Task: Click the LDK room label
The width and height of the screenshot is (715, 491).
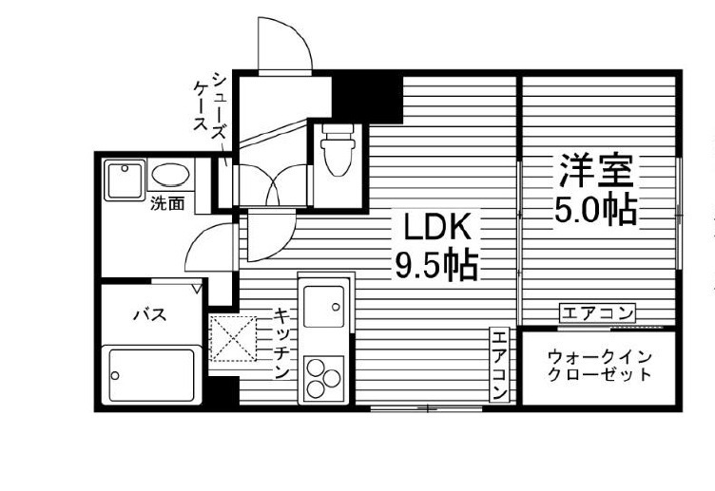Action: point(437,228)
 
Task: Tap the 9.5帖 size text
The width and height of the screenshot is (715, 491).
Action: point(436,264)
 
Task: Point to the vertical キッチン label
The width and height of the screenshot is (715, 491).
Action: point(282,343)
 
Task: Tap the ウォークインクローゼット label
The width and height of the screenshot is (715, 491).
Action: point(600,365)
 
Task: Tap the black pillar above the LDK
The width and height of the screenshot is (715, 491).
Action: point(366,96)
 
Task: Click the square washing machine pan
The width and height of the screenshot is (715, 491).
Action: point(125,179)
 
